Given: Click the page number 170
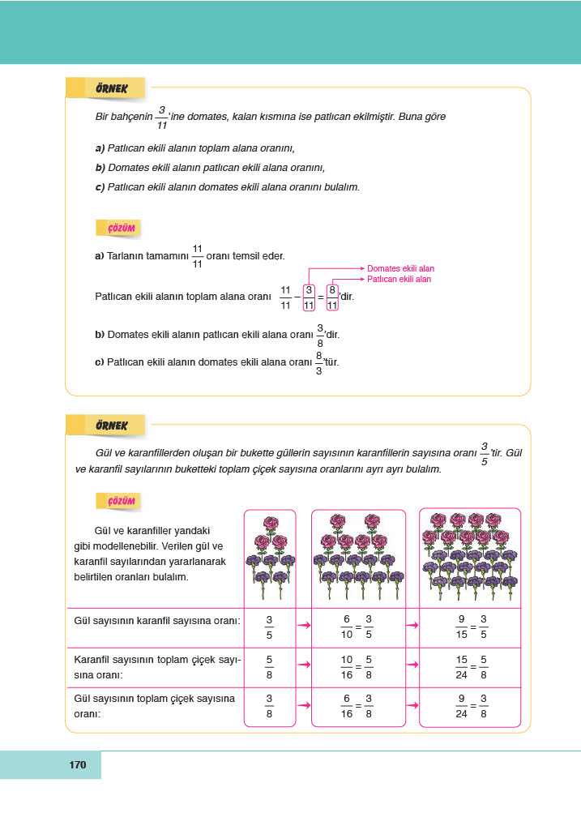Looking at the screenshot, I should [x=78, y=764].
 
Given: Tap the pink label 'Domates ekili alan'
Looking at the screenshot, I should [x=400, y=268].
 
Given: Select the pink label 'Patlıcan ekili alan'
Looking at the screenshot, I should [x=399, y=279].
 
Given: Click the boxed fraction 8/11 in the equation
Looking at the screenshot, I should [x=332, y=297].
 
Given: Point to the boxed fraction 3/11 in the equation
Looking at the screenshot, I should [x=309, y=297].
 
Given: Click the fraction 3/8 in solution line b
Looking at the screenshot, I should [x=320, y=336].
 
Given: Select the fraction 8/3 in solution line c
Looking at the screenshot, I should [x=319, y=363].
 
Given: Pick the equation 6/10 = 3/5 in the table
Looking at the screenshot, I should [x=357, y=626].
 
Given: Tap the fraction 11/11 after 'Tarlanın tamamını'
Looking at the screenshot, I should [x=197, y=256].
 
